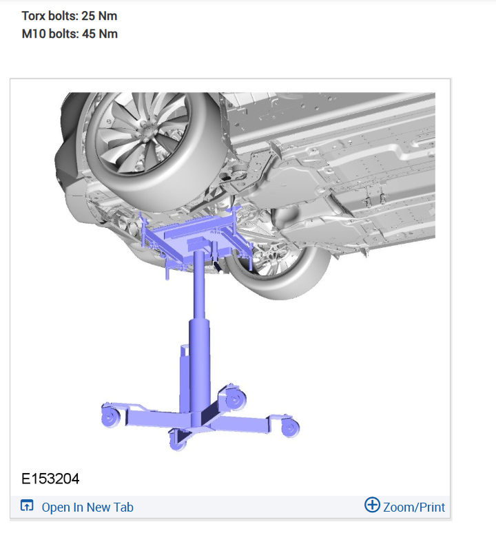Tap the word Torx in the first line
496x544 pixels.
pyautogui.click(x=34, y=16)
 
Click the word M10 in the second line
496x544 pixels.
pyautogui.click(x=34, y=34)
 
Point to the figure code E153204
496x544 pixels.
pyautogui.click(x=50, y=479)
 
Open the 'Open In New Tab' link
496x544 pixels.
pyautogui.click(x=87, y=508)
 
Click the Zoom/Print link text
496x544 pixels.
pyautogui.click(x=414, y=508)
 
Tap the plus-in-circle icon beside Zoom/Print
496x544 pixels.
pyautogui.click(x=372, y=505)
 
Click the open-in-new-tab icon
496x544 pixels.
pyautogui.click(x=27, y=505)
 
